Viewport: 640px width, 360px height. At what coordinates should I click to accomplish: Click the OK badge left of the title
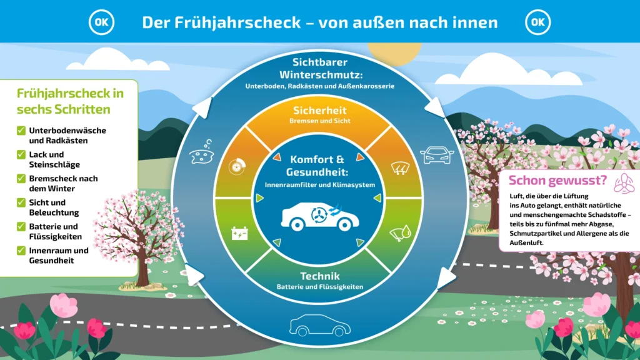(x=102, y=22)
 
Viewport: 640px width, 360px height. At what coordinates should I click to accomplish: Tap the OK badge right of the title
(x=538, y=22)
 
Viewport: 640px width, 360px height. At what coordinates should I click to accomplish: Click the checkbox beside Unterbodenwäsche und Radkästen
(x=21, y=131)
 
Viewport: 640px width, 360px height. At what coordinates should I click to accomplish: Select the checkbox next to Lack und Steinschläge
(x=21, y=154)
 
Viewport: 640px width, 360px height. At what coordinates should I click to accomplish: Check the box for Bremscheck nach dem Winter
(x=21, y=179)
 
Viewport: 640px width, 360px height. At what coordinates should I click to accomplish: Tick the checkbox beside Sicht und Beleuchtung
(x=21, y=202)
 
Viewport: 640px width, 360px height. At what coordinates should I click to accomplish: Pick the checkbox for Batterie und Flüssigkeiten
(x=21, y=226)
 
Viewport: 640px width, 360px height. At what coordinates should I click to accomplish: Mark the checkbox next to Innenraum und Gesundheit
(x=21, y=251)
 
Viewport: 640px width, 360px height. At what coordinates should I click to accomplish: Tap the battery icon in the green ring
(x=239, y=234)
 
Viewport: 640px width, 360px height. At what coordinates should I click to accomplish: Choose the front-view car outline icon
(x=437, y=155)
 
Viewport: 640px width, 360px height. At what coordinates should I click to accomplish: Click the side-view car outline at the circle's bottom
(x=319, y=324)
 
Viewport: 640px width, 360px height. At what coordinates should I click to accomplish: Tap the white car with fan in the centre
(x=318, y=213)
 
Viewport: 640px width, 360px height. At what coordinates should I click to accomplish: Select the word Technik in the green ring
(x=320, y=276)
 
